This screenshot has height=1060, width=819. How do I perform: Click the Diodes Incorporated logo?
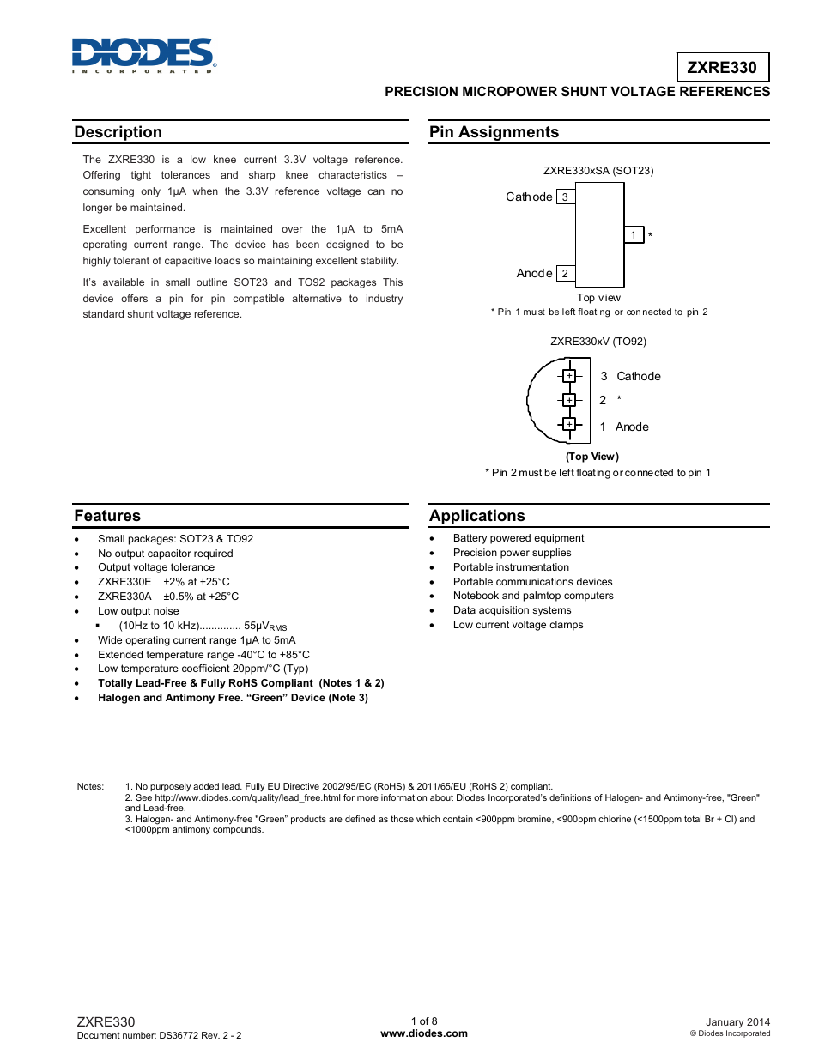coord(143,55)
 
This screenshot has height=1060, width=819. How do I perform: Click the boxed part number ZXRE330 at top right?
coord(722,68)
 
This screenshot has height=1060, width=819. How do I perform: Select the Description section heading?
coord(118,132)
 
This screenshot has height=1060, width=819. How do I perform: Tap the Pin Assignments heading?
coord(494,132)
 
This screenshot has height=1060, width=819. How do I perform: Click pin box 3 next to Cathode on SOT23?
coord(565,197)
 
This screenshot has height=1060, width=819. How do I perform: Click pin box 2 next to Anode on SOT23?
coord(565,273)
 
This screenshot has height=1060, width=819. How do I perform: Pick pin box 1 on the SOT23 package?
coord(634,234)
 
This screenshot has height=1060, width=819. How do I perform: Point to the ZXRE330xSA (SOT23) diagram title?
coord(598,171)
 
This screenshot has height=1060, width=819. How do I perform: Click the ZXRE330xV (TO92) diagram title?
coord(598,342)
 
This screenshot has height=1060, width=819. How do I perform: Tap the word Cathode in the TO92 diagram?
coord(639,377)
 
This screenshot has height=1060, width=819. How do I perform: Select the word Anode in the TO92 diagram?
coord(632,427)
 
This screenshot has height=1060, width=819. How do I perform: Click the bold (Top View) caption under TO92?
coord(591,457)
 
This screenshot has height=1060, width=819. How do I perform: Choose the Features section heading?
coord(107,516)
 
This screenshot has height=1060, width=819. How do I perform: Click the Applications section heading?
coord(477,516)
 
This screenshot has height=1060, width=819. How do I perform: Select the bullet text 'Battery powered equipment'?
coord(519,538)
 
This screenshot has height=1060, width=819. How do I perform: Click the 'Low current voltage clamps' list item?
coord(518,625)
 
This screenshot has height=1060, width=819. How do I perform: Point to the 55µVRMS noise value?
coord(265,627)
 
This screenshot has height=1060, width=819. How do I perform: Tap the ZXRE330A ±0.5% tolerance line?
coord(168,597)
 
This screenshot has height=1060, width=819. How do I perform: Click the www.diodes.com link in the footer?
coord(424,1033)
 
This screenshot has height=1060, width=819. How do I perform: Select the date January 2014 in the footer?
coord(737,1022)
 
